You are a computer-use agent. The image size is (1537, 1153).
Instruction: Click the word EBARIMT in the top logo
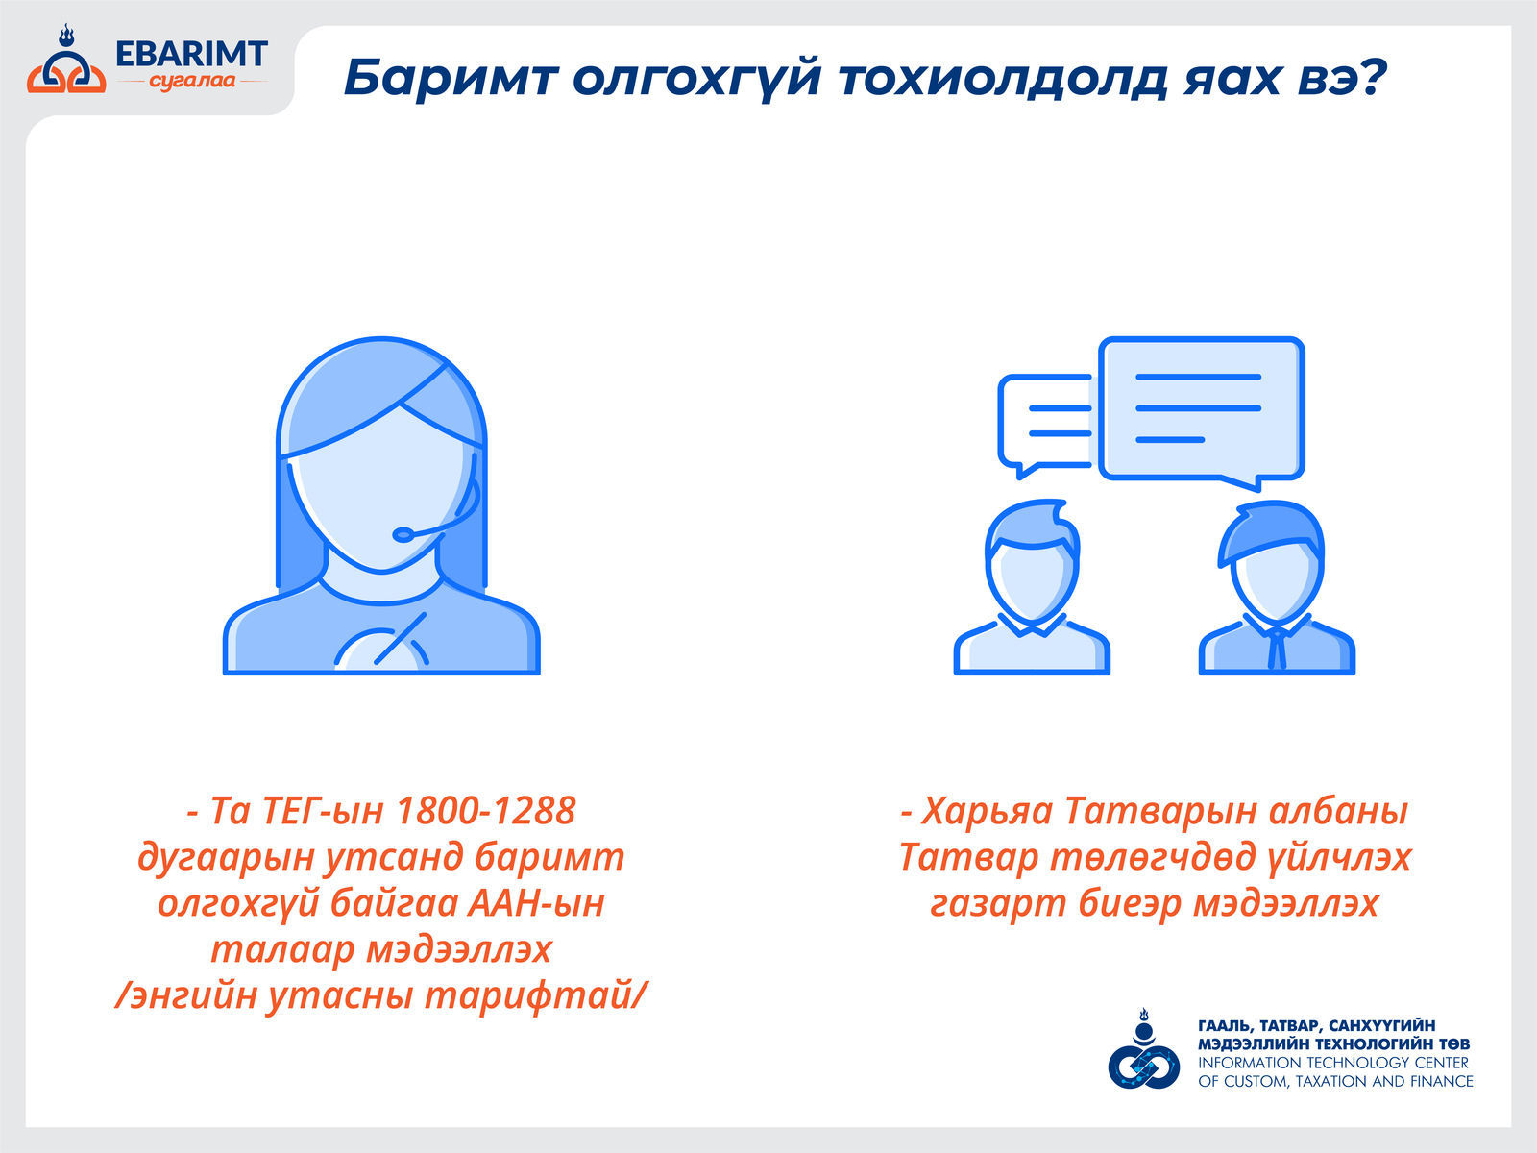[191, 54]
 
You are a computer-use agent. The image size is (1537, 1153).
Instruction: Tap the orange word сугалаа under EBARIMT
[192, 82]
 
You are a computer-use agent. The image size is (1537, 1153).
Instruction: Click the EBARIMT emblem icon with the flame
[66, 61]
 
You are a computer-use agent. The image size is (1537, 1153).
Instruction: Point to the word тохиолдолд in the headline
[1003, 78]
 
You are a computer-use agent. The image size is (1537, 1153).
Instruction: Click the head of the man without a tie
[1032, 560]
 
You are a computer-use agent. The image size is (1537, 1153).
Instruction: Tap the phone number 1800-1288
[486, 811]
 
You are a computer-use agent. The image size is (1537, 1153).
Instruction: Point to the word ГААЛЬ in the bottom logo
[1225, 1026]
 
